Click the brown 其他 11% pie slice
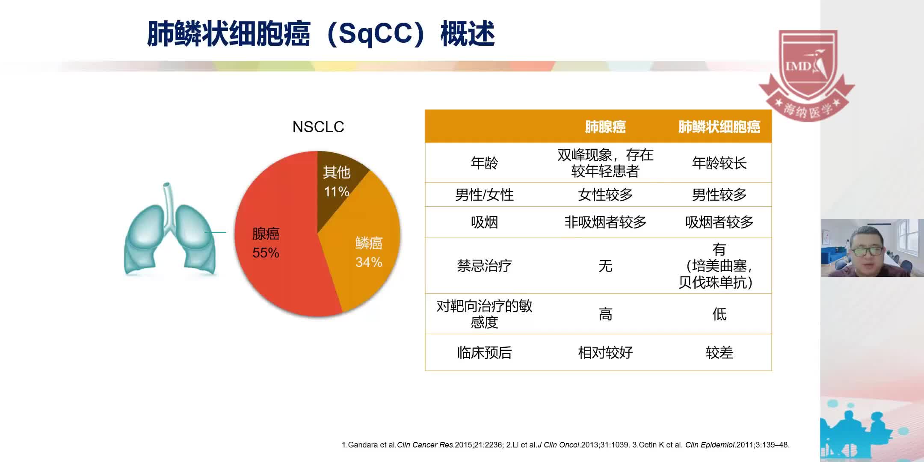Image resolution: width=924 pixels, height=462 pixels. pos(337,182)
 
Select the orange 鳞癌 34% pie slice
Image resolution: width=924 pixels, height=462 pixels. pos(368,252)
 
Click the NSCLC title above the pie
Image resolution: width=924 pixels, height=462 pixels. pos(318,127)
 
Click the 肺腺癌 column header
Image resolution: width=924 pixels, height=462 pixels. pos(605,127)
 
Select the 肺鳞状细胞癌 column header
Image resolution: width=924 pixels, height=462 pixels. pos(719,127)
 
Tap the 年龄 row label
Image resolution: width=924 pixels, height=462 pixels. pos(484,163)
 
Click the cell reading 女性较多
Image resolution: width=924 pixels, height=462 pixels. pos(605,195)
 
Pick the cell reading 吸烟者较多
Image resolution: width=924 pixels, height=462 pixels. pos(719,222)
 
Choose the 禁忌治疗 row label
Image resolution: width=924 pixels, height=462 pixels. pos(484,266)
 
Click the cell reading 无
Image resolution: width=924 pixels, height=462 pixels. pos(605,266)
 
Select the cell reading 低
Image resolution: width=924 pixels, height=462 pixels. pos(719,314)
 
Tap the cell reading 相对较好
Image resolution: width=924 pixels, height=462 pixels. pos(605,353)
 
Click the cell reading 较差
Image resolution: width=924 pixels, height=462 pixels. pos(719,353)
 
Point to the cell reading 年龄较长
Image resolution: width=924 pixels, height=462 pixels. pos(719,163)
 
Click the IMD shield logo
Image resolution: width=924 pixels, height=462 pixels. pos(807,73)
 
